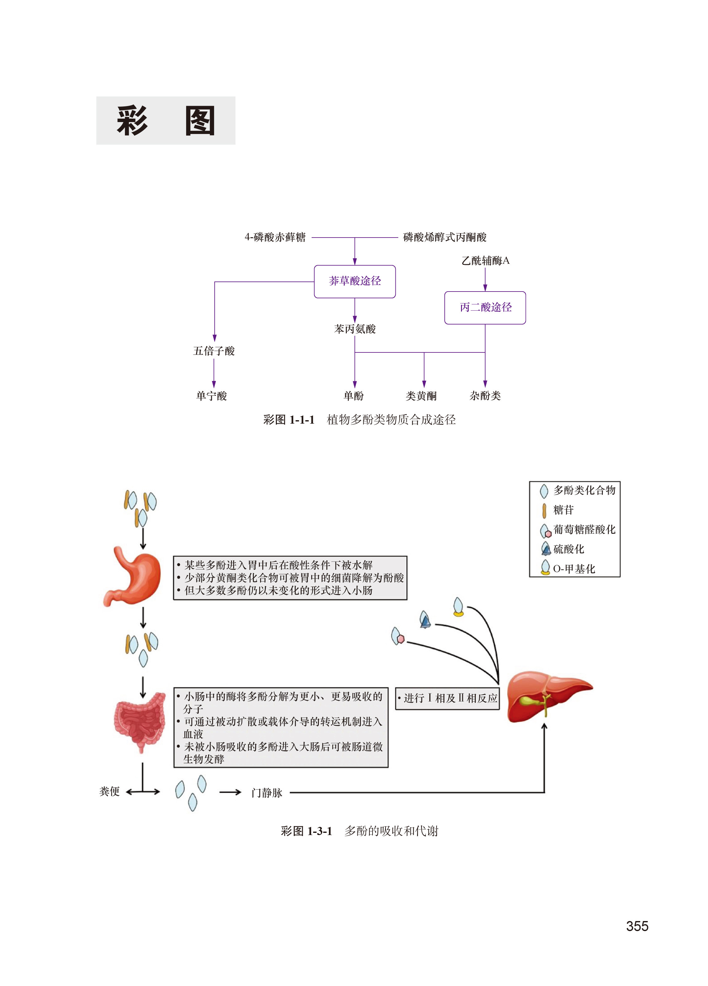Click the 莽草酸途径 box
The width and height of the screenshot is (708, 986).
[354, 281]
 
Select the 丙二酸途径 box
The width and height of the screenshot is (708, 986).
[485, 307]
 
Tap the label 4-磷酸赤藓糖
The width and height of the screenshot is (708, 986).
[275, 237]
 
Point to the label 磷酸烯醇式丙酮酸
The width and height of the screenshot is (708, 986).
[444, 237]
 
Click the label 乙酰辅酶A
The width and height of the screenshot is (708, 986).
[485, 261]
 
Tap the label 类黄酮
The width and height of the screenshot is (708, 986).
[421, 396]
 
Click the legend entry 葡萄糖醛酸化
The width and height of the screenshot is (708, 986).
[584, 529]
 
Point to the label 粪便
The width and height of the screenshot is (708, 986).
[110, 791]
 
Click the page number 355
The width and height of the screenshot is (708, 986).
[637, 926]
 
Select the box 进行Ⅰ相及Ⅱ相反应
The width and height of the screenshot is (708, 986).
[448, 698]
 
